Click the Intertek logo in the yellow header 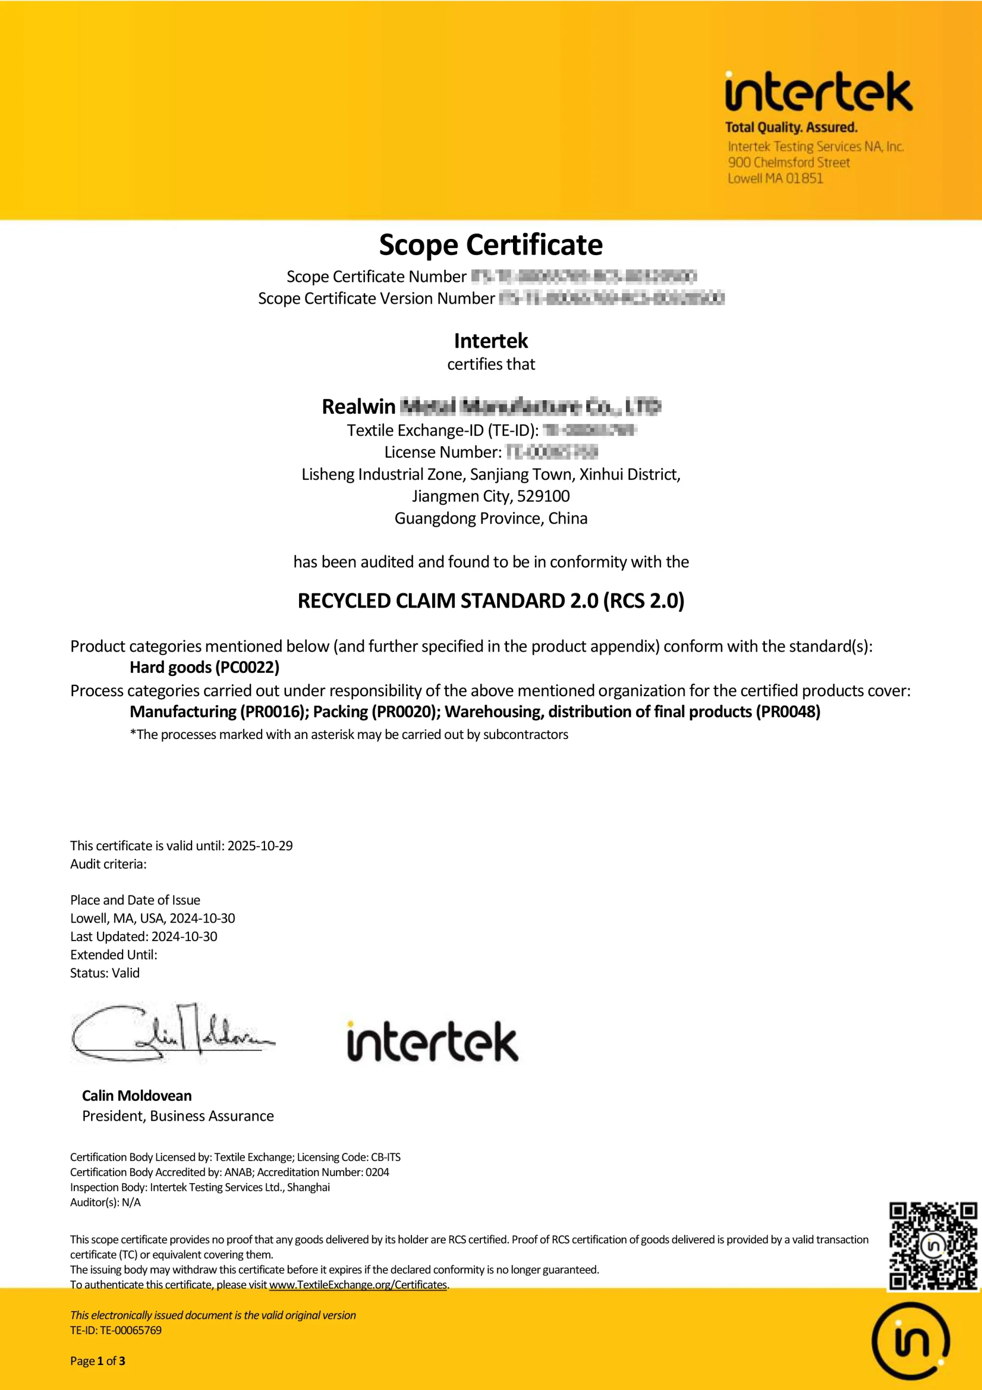coord(818,92)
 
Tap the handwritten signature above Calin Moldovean coord(173,1033)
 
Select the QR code coord(933,1246)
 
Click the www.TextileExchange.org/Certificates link coord(358,1284)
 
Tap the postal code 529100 coord(543,496)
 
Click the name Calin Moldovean coord(137,1095)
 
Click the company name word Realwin coord(358,406)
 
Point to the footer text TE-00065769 coord(130,1330)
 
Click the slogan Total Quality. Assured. coord(791,127)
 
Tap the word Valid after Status coord(125,972)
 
